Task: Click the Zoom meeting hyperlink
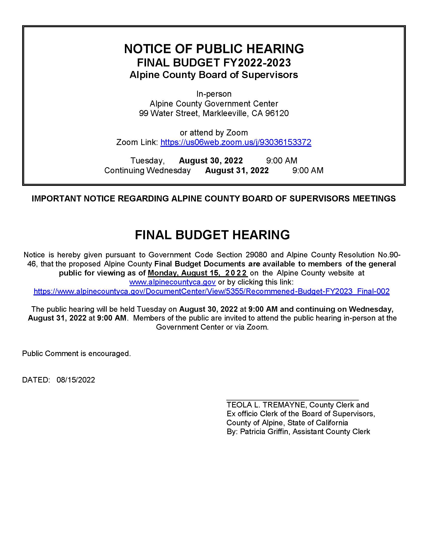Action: (236, 142)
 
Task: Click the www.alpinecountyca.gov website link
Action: (172, 282)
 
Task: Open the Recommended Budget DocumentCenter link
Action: (211, 291)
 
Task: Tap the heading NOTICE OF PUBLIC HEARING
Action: (214, 49)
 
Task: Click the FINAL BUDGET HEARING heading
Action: (212, 235)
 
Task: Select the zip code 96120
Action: (277, 113)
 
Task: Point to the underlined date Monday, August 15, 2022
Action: (198, 273)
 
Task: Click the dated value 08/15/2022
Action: (76, 380)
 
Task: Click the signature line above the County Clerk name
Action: (292, 400)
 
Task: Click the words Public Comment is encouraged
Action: (76, 354)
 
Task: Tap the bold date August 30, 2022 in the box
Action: (211, 161)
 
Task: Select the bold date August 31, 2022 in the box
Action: (237, 170)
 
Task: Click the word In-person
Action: (214, 94)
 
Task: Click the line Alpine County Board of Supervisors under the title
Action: (214, 75)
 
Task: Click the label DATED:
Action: (36, 380)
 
